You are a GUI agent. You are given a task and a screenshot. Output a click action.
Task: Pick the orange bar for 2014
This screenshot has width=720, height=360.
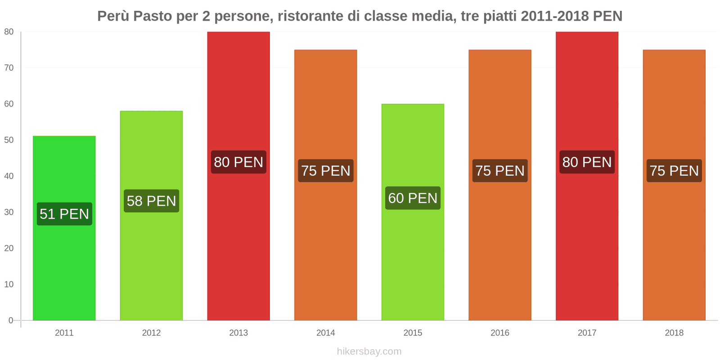325,252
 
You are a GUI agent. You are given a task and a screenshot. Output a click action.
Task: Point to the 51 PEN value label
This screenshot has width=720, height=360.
64,214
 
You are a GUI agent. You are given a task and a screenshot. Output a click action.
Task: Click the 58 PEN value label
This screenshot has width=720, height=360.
151,201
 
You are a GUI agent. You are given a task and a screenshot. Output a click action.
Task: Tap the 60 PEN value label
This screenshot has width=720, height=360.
413,198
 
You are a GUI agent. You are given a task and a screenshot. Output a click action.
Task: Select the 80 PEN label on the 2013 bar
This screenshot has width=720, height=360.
238,162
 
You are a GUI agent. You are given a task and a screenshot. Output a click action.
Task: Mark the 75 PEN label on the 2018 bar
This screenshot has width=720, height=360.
674,171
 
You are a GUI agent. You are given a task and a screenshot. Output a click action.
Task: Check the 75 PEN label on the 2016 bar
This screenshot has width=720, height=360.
500,171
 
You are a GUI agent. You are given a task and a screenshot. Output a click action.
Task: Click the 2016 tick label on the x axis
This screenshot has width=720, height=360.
500,333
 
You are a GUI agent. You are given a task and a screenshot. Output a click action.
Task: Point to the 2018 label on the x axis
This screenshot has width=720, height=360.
674,333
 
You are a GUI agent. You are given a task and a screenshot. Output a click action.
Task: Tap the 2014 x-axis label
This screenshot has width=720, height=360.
325,333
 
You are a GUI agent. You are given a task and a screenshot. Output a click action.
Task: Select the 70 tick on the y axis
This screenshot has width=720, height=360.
9,68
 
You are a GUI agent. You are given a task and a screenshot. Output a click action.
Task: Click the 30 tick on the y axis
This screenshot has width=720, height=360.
9,212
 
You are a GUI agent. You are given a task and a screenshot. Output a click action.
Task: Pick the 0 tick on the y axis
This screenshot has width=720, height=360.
11,320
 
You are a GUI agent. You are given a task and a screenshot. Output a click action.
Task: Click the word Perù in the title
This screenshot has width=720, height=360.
113,16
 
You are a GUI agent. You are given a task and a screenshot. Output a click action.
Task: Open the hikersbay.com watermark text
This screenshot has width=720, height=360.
369,351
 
